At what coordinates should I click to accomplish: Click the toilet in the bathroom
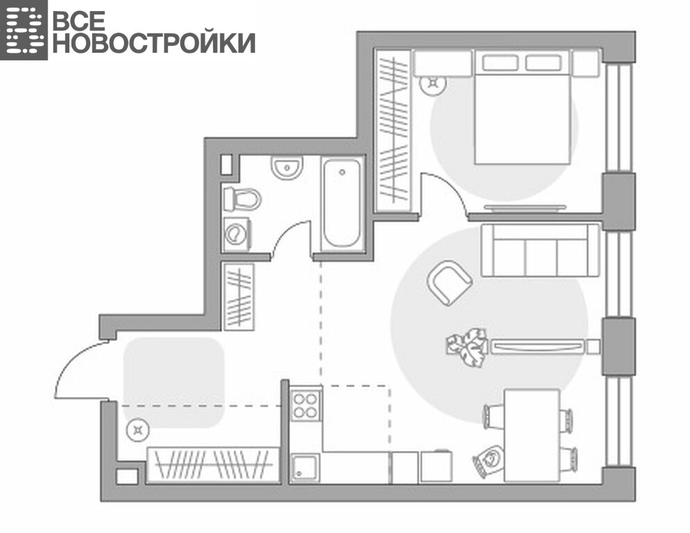[x=241, y=199]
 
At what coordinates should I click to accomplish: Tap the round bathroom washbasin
[x=287, y=168]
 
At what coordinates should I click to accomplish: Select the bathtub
[x=343, y=203]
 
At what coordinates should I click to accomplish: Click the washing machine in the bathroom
[x=237, y=235]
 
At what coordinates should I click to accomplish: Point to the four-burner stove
[x=305, y=405]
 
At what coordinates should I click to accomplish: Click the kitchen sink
[x=304, y=467]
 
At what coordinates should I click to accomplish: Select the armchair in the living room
[x=449, y=282]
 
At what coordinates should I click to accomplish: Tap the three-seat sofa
[x=540, y=251]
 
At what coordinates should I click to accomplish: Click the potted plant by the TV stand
[x=467, y=346]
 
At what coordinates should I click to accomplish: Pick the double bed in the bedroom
[x=522, y=107]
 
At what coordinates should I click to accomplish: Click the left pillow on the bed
[x=500, y=62]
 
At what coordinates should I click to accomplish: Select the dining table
[x=532, y=435]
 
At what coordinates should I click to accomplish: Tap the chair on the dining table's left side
[x=493, y=416]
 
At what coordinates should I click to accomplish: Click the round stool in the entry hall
[x=138, y=430]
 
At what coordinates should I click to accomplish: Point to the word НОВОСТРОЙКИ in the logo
[x=154, y=43]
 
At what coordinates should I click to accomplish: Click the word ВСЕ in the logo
[x=79, y=20]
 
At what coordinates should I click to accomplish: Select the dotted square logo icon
[x=24, y=30]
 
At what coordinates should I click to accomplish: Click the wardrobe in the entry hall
[x=214, y=465]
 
